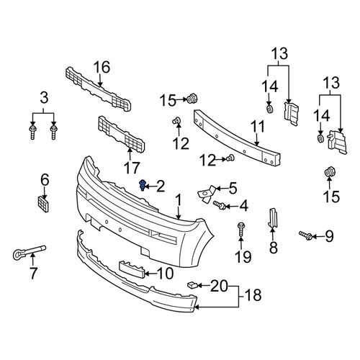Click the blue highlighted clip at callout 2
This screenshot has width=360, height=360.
tap(143, 185)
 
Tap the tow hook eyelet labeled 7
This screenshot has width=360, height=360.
tap(28, 252)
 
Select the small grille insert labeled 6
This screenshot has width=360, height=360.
tap(43, 204)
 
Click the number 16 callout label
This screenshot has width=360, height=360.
tap(102, 68)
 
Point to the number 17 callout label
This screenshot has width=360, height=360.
tap(132, 168)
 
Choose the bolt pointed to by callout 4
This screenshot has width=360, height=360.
tap(220, 205)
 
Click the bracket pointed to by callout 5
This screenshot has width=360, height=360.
tap(207, 194)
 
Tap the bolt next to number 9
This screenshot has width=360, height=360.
tap(305, 235)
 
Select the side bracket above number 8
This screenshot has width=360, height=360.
tap(273, 217)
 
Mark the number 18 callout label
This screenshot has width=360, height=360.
tap(253, 295)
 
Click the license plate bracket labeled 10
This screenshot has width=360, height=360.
tap(132, 269)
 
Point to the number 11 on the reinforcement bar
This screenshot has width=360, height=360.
tap(258, 126)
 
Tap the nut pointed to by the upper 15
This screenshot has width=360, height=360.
tap(192, 99)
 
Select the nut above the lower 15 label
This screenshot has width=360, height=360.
tap(330, 172)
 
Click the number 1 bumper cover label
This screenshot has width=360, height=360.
tap(178, 199)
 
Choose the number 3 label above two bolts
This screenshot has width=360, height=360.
tap(44, 98)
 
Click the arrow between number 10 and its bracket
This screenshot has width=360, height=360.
tap(151, 274)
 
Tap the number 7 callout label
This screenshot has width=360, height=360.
tap(33, 274)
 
